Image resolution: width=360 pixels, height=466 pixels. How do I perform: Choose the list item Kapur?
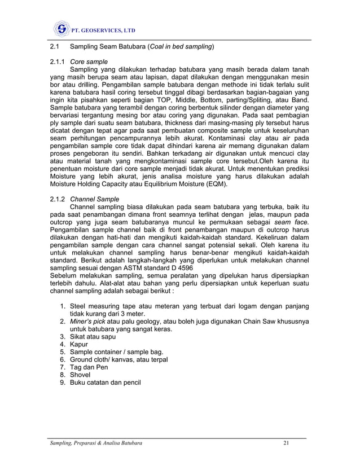[78, 344]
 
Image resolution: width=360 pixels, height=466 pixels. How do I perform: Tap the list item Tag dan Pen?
[89, 367]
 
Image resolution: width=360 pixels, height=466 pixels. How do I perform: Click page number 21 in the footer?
[286, 446]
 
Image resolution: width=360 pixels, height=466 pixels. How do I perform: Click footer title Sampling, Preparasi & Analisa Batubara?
[94, 446]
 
